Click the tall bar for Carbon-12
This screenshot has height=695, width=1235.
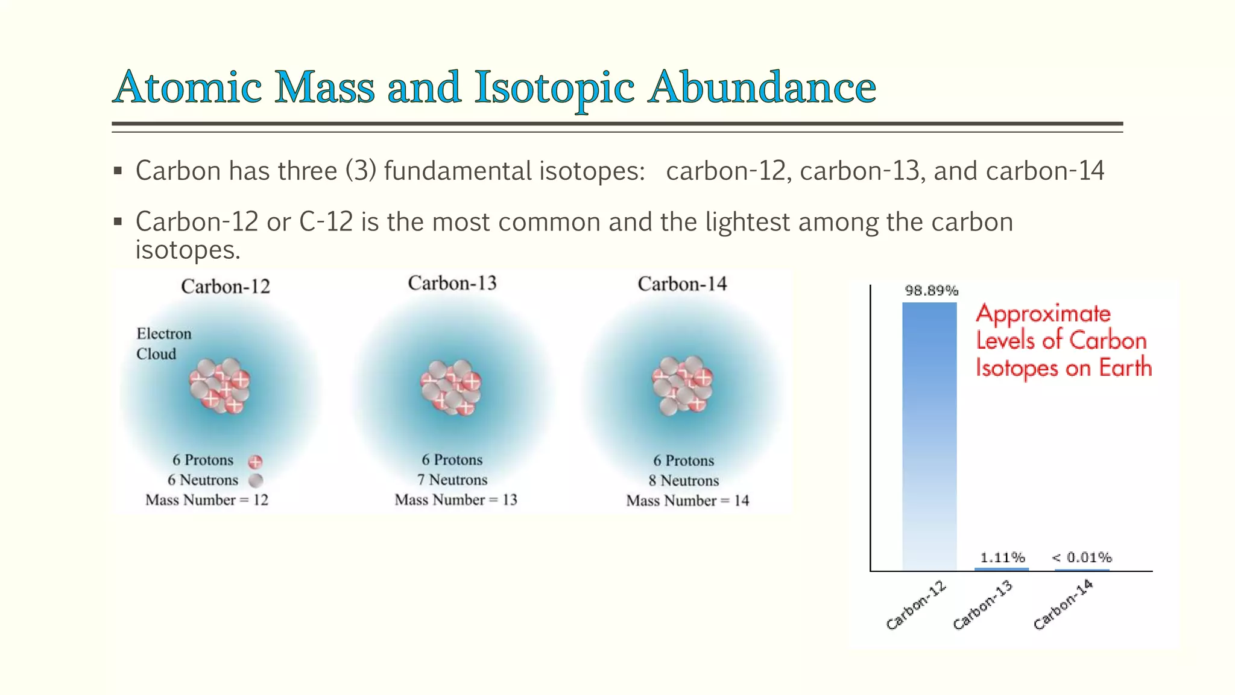tap(929, 436)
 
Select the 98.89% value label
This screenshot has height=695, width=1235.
tap(931, 291)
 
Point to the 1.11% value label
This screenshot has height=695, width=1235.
tap(1002, 557)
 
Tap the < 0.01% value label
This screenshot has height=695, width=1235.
tap(1082, 557)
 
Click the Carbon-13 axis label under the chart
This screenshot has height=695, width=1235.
tap(983, 605)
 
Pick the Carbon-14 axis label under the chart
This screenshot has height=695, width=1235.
tap(1063, 605)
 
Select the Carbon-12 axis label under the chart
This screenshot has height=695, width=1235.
tap(916, 606)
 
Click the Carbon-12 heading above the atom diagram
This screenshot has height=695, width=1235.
tap(226, 286)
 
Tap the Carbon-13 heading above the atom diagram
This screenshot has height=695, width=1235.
tap(452, 283)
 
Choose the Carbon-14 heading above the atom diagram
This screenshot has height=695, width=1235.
tap(682, 284)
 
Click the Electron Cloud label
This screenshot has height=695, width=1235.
tap(163, 343)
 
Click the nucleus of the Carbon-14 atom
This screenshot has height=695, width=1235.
tap(682, 385)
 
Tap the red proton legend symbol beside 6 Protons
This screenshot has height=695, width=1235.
tap(256, 462)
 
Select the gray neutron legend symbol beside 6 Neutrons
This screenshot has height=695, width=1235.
tap(256, 481)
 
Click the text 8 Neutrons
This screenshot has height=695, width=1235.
tap(684, 481)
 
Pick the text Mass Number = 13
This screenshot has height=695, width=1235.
tap(456, 500)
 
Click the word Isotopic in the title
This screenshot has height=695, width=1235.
tap(554, 87)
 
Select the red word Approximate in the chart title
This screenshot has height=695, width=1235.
tap(1043, 314)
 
